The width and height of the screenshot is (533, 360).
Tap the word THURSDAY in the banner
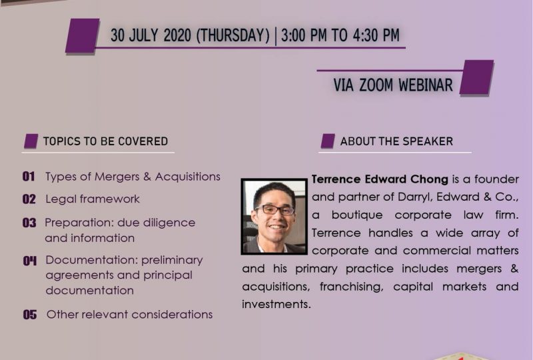click(233, 35)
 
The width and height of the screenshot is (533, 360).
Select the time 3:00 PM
click(304, 35)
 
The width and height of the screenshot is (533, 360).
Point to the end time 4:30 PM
click(376, 35)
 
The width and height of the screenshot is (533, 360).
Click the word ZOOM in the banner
click(376, 85)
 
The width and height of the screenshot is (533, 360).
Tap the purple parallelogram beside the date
click(82, 36)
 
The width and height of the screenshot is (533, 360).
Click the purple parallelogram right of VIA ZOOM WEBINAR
click(476, 77)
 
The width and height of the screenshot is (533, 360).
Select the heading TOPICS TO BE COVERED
click(105, 141)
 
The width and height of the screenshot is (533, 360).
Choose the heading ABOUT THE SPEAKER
click(396, 141)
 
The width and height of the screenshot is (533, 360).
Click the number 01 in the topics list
click(29, 176)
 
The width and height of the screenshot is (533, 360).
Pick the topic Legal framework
click(93, 199)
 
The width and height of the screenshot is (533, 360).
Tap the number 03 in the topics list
click(29, 223)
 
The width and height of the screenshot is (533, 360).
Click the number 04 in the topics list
click(30, 261)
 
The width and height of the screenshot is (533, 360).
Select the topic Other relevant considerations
click(129, 315)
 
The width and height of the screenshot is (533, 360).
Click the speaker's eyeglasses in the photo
click(274, 209)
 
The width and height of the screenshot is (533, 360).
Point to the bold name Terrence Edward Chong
click(380, 179)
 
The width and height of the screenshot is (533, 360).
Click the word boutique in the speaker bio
click(357, 215)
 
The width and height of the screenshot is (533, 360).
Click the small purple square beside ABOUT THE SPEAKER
click(328, 141)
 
